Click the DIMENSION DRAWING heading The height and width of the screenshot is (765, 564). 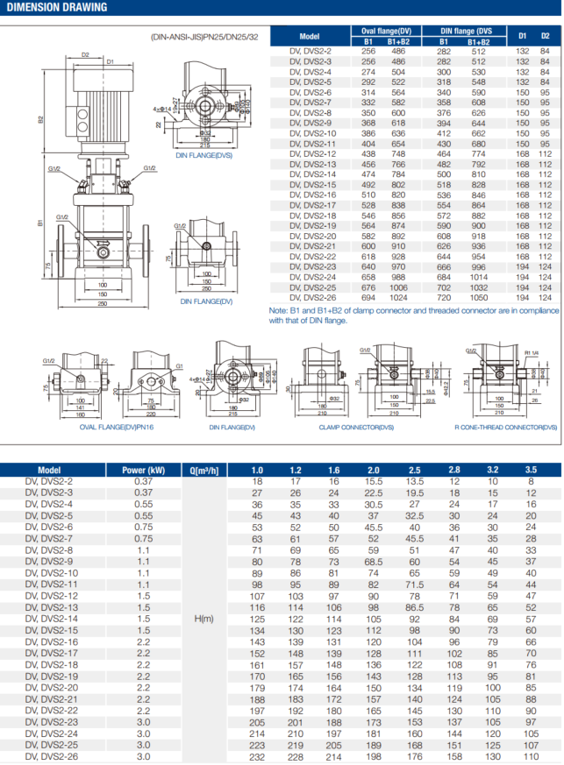tap(54, 8)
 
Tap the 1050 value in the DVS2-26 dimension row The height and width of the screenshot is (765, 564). tap(478, 297)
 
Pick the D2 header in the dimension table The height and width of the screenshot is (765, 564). tap(545, 36)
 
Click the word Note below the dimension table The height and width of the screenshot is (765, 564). tap(280, 310)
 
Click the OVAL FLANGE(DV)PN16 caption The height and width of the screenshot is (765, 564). tap(92, 427)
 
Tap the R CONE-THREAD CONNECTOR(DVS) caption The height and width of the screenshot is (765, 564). tap(504, 427)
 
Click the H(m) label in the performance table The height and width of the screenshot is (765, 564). tap(203, 619)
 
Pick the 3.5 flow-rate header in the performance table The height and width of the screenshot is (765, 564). tap(531, 470)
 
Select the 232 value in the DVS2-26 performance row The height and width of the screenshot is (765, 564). tap(257, 756)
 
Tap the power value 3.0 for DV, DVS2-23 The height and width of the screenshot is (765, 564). tap(143, 722)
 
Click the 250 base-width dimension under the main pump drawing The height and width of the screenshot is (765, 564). tap(103, 304)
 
